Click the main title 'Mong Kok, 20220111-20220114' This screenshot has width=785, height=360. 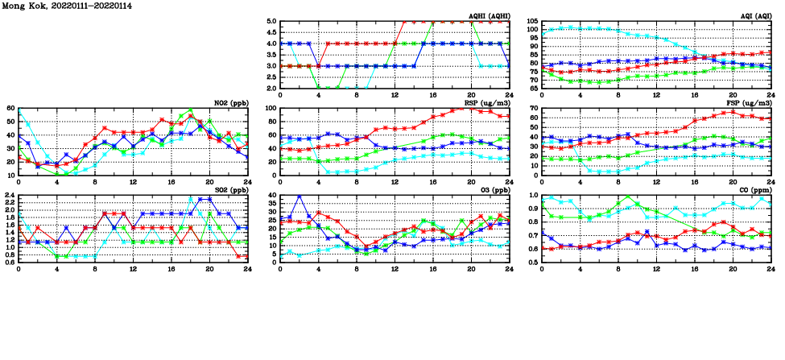(67, 6)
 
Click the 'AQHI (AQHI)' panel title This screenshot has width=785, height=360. (489, 16)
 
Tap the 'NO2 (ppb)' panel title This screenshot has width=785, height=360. (228, 103)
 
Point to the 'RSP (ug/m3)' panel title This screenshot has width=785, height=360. (486, 103)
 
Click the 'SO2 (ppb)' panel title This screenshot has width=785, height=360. (228, 190)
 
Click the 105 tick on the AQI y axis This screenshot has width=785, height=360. (532, 22)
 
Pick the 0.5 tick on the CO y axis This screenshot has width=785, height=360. (533, 262)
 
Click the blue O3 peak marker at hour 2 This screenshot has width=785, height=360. (300, 197)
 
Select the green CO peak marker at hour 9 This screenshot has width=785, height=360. (628, 197)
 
